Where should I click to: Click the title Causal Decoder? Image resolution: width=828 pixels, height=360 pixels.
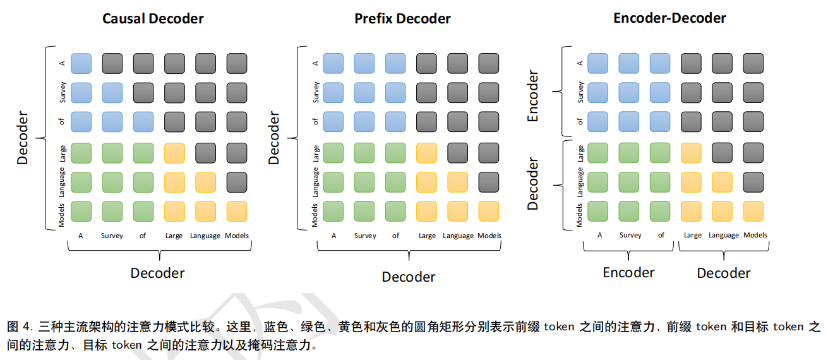[153, 18]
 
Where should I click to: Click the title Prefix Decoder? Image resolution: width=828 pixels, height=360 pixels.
[402, 18]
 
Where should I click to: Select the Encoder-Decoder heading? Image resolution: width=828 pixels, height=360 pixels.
[670, 18]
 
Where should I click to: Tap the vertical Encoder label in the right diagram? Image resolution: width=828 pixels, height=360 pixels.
[532, 96]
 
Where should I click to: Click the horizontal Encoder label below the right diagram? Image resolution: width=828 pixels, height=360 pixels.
[628, 272]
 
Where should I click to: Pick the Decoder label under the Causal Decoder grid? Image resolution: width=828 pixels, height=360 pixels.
[157, 273]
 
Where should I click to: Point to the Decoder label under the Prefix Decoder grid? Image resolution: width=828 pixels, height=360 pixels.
[409, 277]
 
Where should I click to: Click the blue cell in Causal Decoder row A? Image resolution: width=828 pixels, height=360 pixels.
[81, 63]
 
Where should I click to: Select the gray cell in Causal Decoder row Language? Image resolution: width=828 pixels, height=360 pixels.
[237, 183]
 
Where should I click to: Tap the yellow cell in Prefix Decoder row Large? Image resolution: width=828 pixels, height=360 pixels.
[426, 153]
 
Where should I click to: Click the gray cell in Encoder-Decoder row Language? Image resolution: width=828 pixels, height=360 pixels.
[753, 183]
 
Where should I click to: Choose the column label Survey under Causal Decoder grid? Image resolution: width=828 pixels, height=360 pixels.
[112, 236]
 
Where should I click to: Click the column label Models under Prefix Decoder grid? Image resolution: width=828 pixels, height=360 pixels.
[489, 236]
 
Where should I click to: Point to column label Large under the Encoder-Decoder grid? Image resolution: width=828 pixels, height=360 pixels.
[693, 236]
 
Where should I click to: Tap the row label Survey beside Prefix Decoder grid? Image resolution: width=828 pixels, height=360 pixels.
[316, 92]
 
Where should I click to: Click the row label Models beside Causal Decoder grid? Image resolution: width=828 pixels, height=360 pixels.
[61, 215]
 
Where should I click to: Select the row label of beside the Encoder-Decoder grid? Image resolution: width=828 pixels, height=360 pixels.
[580, 122]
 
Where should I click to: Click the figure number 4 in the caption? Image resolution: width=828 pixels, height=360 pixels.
[27, 327]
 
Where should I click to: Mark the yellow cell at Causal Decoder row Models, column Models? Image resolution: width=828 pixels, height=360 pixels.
[237, 212]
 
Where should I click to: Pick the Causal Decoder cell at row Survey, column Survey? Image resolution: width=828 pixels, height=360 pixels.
[112, 93]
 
